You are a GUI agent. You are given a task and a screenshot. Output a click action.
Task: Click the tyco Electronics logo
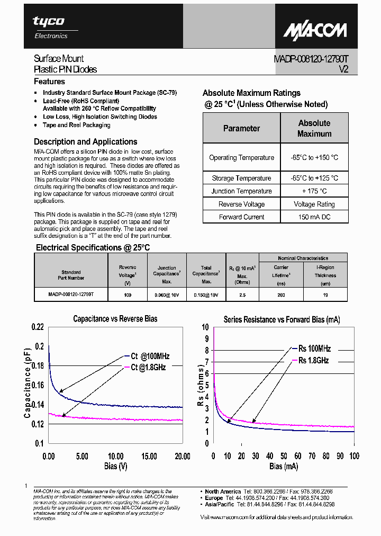[49, 26]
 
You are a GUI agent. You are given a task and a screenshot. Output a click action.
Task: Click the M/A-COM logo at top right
[314, 30]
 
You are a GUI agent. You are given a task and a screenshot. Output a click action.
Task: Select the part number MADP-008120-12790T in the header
[311, 59]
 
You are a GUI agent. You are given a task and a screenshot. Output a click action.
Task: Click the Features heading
[49, 82]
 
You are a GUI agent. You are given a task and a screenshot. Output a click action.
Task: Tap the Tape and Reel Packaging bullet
[76, 125]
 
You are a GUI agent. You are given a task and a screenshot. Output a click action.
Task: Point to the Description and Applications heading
[85, 141]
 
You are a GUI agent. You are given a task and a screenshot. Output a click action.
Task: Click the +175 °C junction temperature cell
[314, 191]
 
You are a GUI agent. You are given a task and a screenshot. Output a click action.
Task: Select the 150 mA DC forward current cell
[314, 217]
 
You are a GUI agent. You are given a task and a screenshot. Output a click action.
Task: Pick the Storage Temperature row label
[241, 178]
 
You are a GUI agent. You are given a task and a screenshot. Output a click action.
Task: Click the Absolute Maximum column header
[314, 128]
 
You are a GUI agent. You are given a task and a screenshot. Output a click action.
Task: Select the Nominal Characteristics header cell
[303, 258]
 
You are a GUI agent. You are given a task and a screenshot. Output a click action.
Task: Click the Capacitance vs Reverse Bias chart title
[115, 319]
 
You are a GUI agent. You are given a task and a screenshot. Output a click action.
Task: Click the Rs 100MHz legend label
[314, 349]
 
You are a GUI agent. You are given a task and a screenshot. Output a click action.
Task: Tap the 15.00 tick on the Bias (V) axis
[148, 456]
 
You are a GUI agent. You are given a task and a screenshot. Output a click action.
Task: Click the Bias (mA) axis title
[283, 466]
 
